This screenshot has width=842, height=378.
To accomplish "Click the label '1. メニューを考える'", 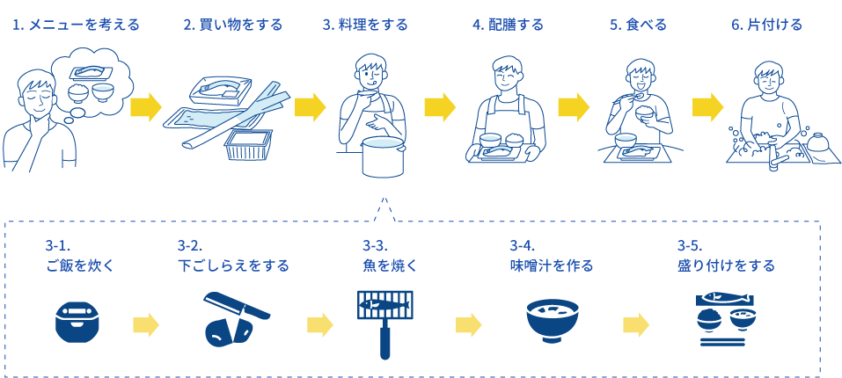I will (75, 25).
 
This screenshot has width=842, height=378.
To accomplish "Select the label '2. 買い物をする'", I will (232, 25).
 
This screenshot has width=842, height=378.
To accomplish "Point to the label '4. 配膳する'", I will (508, 25).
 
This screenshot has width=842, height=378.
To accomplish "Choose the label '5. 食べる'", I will (637, 25).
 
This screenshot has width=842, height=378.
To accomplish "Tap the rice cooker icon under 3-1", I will (77, 323).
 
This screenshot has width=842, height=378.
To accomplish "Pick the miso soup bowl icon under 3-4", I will (552, 320).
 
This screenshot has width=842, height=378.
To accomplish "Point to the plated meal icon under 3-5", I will (725, 317).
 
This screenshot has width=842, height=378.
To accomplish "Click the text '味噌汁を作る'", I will (552, 265).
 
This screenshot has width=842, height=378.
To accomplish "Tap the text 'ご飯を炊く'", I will (80, 265).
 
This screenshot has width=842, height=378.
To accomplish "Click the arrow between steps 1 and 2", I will (146, 107).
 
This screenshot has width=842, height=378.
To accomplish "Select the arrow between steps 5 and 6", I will (707, 107).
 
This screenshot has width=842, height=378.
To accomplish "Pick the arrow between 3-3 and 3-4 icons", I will (468, 324).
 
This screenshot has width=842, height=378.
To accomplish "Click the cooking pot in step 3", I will (383, 156).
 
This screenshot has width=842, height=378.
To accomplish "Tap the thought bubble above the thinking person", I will (92, 79).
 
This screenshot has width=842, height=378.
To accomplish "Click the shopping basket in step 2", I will (247, 145).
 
